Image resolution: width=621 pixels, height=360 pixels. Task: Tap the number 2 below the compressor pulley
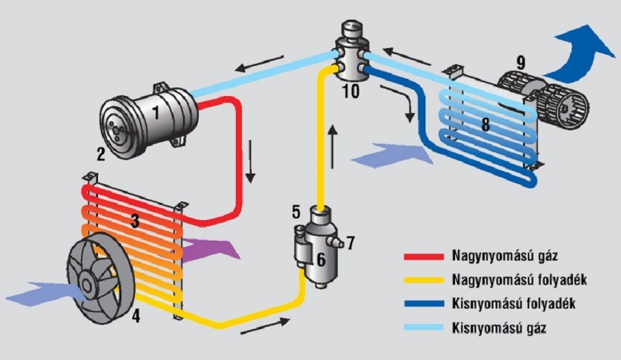click(101, 154)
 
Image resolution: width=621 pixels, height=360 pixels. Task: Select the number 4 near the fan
click(136, 316)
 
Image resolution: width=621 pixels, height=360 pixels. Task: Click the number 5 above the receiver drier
click(295, 211)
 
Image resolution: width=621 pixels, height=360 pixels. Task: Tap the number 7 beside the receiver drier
click(350, 242)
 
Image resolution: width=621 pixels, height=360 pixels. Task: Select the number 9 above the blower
click(521, 62)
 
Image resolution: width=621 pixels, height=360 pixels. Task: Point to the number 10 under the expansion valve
click(351, 91)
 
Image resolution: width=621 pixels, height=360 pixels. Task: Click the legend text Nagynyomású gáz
click(496, 257)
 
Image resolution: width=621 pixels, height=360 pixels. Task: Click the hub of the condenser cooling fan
click(90, 280)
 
